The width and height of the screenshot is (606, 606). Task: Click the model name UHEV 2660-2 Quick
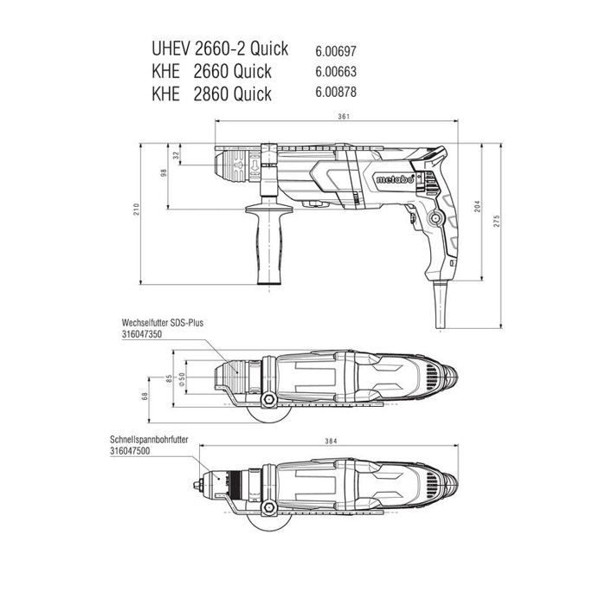coord(220,49)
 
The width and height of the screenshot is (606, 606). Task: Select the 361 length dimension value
coord(345,118)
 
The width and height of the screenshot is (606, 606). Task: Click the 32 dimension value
coord(176,156)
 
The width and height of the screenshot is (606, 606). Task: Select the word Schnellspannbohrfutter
coord(150,440)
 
